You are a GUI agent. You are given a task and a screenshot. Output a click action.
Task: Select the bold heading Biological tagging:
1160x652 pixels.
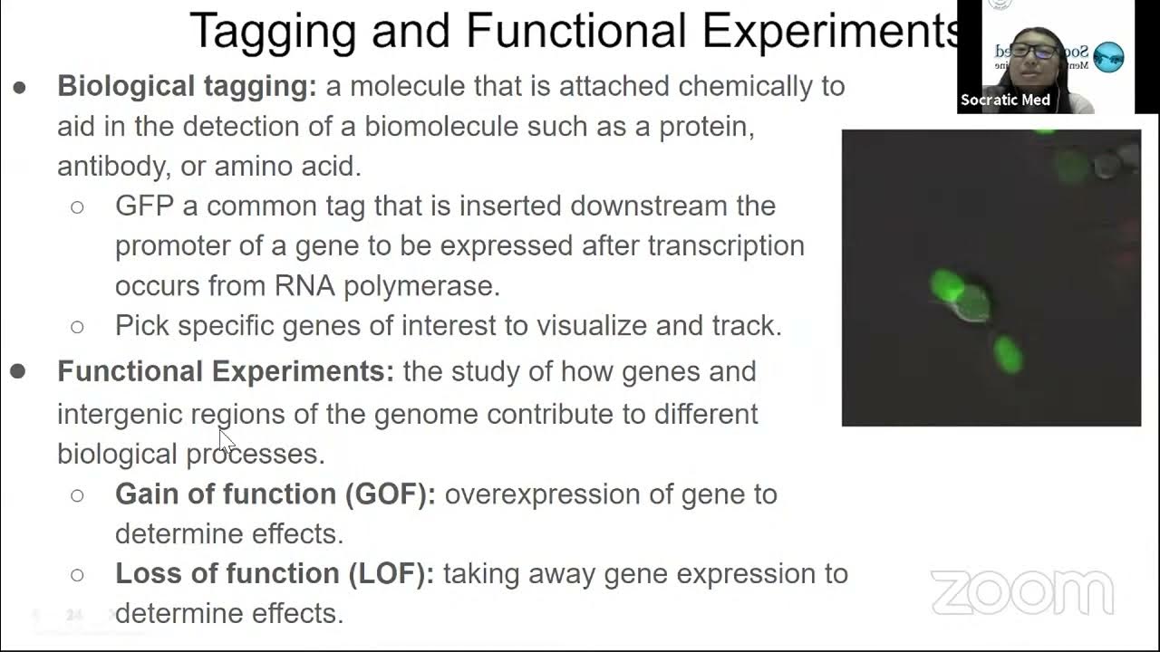[187, 86]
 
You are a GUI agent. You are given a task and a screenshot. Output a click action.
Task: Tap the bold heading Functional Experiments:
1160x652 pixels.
[226, 371]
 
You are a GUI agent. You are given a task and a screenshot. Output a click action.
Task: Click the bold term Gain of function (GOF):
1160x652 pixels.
[275, 494]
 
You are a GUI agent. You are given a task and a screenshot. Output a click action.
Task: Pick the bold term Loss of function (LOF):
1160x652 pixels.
[275, 574]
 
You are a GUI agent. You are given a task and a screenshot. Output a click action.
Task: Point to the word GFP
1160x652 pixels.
[144, 206]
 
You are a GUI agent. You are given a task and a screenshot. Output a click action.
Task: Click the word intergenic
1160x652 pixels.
[120, 415]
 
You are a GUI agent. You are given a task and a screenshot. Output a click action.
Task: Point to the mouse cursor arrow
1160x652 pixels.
[226, 441]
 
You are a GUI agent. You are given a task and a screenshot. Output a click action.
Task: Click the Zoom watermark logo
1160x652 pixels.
[1021, 592]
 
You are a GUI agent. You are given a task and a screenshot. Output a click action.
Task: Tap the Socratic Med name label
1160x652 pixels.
[1005, 100]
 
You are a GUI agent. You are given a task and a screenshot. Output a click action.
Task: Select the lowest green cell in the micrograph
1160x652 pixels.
[1007, 353]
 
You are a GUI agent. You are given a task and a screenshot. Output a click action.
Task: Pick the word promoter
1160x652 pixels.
[172, 246]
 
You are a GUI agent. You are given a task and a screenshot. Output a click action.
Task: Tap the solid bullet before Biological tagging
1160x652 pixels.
[19, 88]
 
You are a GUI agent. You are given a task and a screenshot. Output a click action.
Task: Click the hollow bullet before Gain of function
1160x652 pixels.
[77, 495]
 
